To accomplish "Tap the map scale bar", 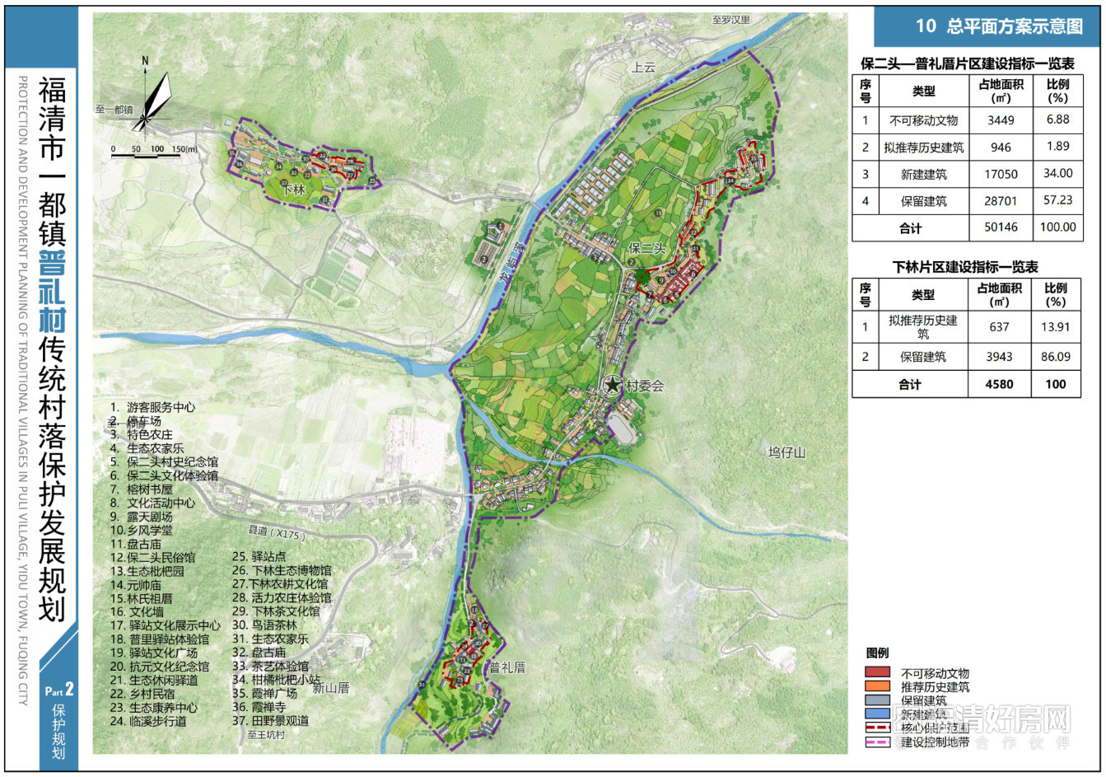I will click(x=156, y=153).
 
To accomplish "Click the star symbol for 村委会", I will click(x=613, y=385).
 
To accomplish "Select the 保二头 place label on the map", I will click(x=646, y=247).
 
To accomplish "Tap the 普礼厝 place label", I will click(x=507, y=667).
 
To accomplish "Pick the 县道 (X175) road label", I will click(x=277, y=534).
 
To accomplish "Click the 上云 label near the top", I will click(x=643, y=68).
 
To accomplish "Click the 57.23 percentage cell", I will click(x=1057, y=200).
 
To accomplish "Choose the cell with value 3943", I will click(x=999, y=357).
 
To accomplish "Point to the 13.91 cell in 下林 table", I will click(x=1055, y=326).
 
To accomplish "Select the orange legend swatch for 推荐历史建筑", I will click(x=878, y=686).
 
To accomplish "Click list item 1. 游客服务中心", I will click(x=153, y=407).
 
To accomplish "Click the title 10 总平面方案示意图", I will click(x=999, y=26).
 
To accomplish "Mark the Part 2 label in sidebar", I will click(x=58, y=690).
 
